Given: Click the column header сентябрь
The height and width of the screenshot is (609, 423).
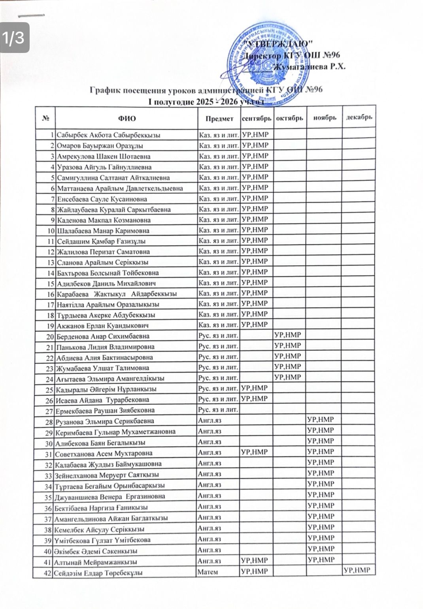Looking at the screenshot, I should click(x=256, y=118).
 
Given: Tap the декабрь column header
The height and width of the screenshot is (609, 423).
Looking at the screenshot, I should click(x=359, y=117).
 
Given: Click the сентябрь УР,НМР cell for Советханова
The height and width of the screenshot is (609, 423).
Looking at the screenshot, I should click(x=255, y=452).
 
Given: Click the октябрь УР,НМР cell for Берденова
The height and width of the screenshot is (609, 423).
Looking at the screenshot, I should click(x=288, y=335).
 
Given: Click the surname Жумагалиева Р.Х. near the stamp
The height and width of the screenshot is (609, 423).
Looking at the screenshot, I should click(x=312, y=66).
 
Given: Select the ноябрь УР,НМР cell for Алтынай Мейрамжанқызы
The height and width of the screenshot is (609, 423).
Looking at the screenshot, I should click(x=321, y=560).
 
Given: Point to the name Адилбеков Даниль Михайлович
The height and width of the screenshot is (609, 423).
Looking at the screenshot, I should click(x=106, y=283).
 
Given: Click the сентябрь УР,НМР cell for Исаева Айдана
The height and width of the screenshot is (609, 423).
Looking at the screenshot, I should click(x=255, y=399).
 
